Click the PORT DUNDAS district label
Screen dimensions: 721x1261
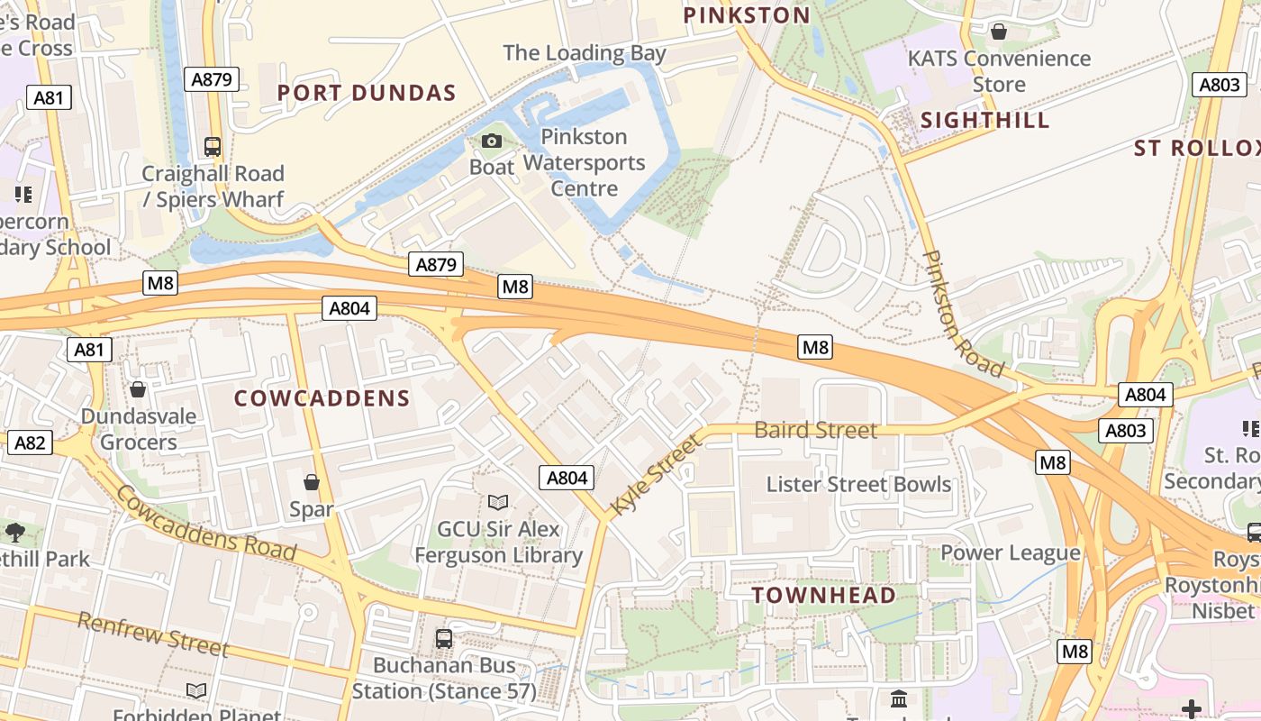pyautogui.click(x=367, y=93)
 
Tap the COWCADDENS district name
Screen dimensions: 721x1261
pyautogui.click(x=322, y=398)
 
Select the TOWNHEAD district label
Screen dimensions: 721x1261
pyautogui.click(x=824, y=596)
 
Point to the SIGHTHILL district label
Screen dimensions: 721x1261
pyautogui.click(x=985, y=121)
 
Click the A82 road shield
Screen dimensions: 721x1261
pyautogui.click(x=30, y=443)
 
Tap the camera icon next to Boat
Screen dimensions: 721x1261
pyautogui.click(x=492, y=141)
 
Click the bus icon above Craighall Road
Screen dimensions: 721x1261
pyautogui.click(x=213, y=146)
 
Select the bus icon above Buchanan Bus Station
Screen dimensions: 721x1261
pyautogui.click(x=444, y=638)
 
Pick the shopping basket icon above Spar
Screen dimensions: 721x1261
pyautogui.click(x=312, y=482)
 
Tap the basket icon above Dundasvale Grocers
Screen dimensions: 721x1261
pyautogui.click(x=138, y=389)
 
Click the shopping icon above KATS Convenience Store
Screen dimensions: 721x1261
pyautogui.click(x=999, y=32)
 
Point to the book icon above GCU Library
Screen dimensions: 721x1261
pyautogui.click(x=498, y=502)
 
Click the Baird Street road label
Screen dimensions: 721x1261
pyautogui.click(x=816, y=431)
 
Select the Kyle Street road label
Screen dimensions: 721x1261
pyautogui.click(x=656, y=475)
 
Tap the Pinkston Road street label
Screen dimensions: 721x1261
pyautogui.click(x=961, y=314)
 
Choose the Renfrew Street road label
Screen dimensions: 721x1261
pyautogui.click(x=153, y=634)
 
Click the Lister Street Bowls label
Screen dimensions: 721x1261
pyautogui.click(x=858, y=484)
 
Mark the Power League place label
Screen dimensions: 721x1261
pyautogui.click(x=1011, y=552)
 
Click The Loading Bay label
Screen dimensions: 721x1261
pyautogui.click(x=585, y=53)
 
